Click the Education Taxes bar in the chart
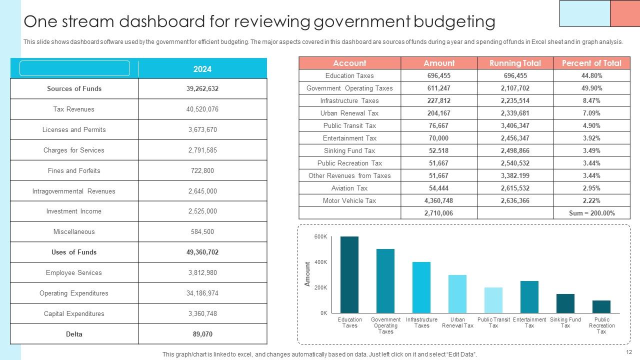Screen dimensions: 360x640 click(x=349, y=275)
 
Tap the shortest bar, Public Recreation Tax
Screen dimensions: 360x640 click(x=601, y=306)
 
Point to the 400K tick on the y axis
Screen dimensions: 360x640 click(x=320, y=262)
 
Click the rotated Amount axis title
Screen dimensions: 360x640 click(x=307, y=274)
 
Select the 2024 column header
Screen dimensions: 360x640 click(x=202, y=69)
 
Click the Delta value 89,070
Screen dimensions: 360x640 click(x=202, y=334)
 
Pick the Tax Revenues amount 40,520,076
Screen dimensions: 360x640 click(x=202, y=109)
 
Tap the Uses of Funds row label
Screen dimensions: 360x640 click(x=74, y=252)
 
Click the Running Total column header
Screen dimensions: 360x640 click(x=515, y=63)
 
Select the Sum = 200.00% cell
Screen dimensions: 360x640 click(x=592, y=213)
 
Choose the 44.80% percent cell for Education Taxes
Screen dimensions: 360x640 click(x=592, y=76)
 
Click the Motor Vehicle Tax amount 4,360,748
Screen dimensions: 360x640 click(x=439, y=200)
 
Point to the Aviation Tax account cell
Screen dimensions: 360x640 click(x=349, y=188)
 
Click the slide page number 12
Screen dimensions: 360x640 click(x=628, y=352)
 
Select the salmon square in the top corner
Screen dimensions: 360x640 click(x=625, y=13)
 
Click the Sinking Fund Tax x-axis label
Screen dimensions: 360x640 click(x=565, y=322)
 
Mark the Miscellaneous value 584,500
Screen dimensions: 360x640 click(x=202, y=231)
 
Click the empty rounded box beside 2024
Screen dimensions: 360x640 click(x=74, y=68)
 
